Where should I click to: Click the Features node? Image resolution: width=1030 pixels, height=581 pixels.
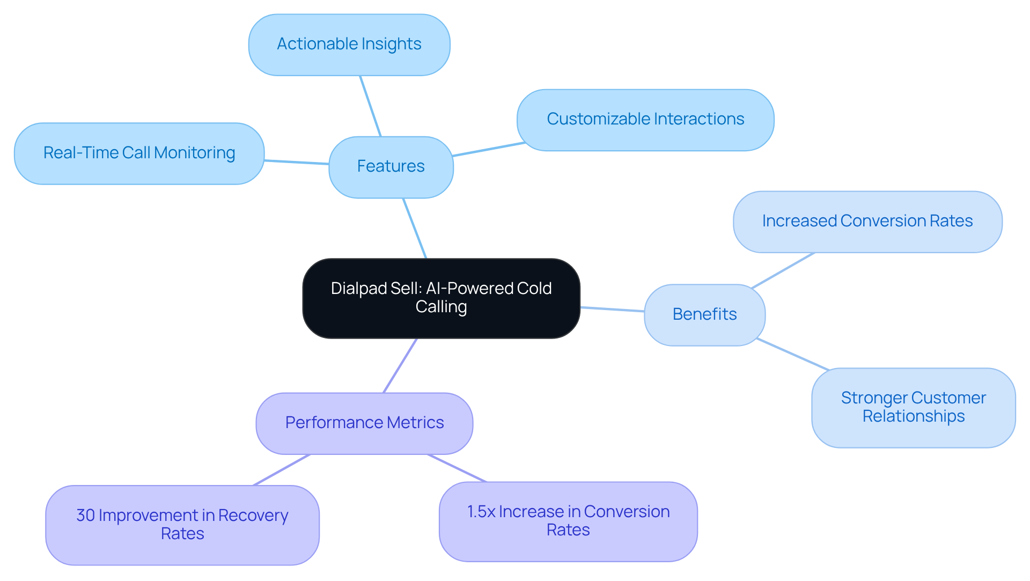coord(391,167)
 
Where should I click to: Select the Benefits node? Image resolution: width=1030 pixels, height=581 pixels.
coord(704,314)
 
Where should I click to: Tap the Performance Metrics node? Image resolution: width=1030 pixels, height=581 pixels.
coord(364,423)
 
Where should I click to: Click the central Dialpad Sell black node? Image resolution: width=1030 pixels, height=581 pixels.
coord(441,298)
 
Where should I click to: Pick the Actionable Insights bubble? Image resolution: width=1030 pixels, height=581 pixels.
coord(349,45)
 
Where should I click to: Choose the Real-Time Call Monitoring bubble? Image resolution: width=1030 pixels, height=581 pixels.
coord(139,153)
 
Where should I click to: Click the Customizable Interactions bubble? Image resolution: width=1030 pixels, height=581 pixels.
coord(645,120)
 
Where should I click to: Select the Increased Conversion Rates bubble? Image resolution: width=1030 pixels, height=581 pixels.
coord(867,222)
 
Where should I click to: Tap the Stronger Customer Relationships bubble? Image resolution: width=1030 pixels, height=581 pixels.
coord(913,407)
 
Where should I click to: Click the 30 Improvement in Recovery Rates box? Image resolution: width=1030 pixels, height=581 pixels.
coord(182,525)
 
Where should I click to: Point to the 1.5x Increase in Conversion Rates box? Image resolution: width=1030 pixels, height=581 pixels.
coord(568,521)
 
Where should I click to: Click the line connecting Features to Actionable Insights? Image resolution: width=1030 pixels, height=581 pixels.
coord(370,106)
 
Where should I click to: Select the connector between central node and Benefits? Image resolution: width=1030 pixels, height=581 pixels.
coord(612,309)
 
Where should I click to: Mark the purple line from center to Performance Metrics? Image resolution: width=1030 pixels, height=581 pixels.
coord(400,365)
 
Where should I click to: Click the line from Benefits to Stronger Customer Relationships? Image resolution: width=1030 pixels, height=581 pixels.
coord(793,354)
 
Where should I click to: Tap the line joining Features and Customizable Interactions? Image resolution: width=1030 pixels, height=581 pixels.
coord(488,149)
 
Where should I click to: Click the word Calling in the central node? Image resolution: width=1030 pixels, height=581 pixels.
coord(441,307)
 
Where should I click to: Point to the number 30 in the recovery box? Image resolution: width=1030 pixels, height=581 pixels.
coord(85,516)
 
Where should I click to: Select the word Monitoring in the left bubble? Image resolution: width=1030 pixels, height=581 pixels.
coord(194,153)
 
